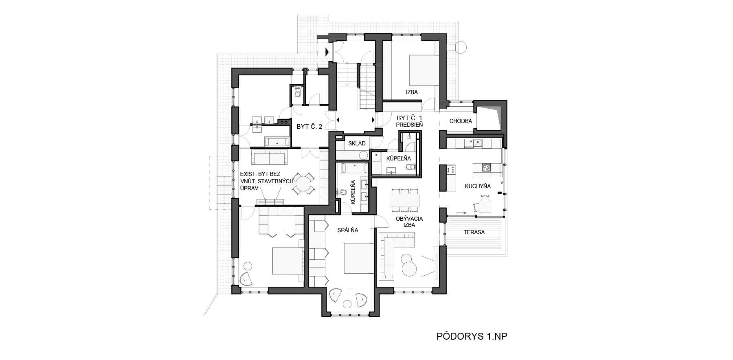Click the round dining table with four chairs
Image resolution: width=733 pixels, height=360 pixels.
click(303, 184)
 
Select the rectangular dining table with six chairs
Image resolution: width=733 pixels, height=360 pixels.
click(405, 200)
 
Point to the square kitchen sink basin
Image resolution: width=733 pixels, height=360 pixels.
click(477, 143)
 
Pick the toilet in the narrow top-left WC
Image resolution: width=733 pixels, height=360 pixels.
click(298, 93)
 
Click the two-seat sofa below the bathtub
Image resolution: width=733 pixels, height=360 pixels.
click(269, 156)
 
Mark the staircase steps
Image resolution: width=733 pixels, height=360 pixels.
click(366, 100)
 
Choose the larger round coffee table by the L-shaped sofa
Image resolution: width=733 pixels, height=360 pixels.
click(409, 269)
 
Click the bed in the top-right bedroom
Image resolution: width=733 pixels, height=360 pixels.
click(424, 70)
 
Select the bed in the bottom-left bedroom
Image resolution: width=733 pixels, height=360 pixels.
click(287, 261)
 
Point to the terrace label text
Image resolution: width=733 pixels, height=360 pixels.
click(474, 233)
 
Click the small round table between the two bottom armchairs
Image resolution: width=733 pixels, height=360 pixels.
click(347, 304)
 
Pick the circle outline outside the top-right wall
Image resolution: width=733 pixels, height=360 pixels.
click(461, 48)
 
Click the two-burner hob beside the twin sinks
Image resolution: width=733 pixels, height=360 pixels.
click(284, 121)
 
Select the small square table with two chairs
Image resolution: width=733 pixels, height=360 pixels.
click(485, 207)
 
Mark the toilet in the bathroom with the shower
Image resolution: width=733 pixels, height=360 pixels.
click(410, 167)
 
